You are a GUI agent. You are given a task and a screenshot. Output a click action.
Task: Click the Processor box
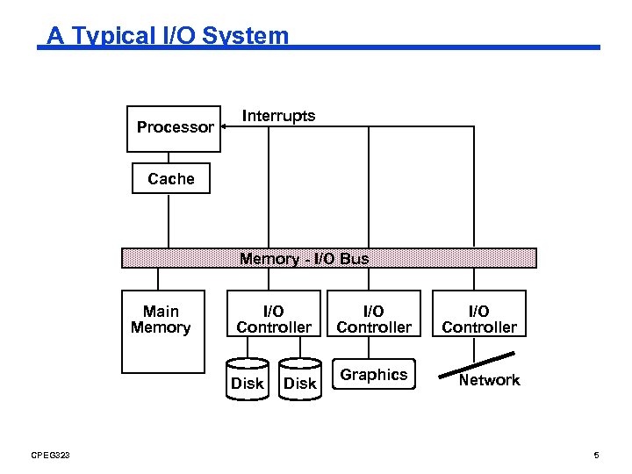174,127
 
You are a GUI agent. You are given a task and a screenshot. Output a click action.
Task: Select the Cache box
170,178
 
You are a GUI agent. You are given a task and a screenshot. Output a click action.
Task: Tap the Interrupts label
278,116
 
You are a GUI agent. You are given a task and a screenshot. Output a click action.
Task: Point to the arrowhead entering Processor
224,127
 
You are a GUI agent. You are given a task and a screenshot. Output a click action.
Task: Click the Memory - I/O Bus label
304,259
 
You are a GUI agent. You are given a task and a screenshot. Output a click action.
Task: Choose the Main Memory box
162,332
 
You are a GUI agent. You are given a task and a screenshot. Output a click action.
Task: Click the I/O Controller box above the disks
273,320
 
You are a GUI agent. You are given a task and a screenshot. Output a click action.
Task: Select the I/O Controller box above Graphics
373,320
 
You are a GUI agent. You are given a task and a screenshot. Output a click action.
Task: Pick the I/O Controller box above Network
478,320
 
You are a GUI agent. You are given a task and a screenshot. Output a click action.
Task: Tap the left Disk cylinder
247,379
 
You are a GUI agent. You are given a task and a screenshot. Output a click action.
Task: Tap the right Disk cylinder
299,379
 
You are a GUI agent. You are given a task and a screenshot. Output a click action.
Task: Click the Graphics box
373,375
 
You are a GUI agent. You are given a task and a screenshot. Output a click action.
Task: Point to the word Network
489,380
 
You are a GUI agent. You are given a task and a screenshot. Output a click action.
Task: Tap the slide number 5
596,455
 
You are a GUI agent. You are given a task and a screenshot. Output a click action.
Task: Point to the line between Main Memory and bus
158,279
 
